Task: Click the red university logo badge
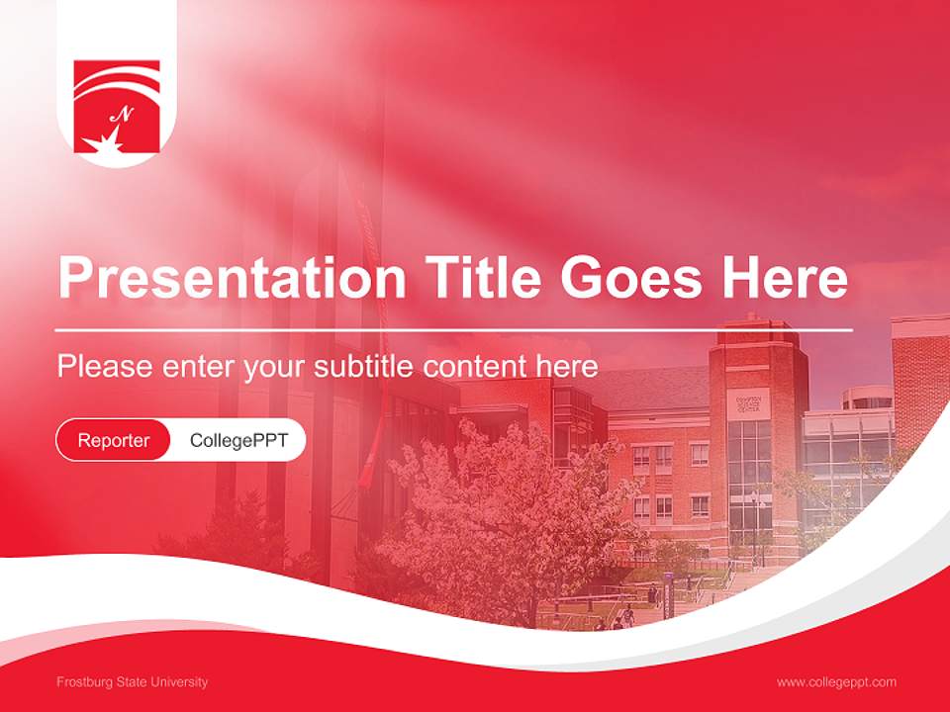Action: click(x=117, y=107)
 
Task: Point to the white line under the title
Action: click(x=454, y=329)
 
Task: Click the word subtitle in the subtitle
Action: click(x=363, y=367)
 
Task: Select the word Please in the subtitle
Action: click(x=104, y=367)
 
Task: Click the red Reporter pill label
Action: click(x=113, y=440)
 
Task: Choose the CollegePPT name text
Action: click(x=238, y=440)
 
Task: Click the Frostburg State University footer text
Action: click(x=133, y=682)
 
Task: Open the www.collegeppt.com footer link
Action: click(x=836, y=682)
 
